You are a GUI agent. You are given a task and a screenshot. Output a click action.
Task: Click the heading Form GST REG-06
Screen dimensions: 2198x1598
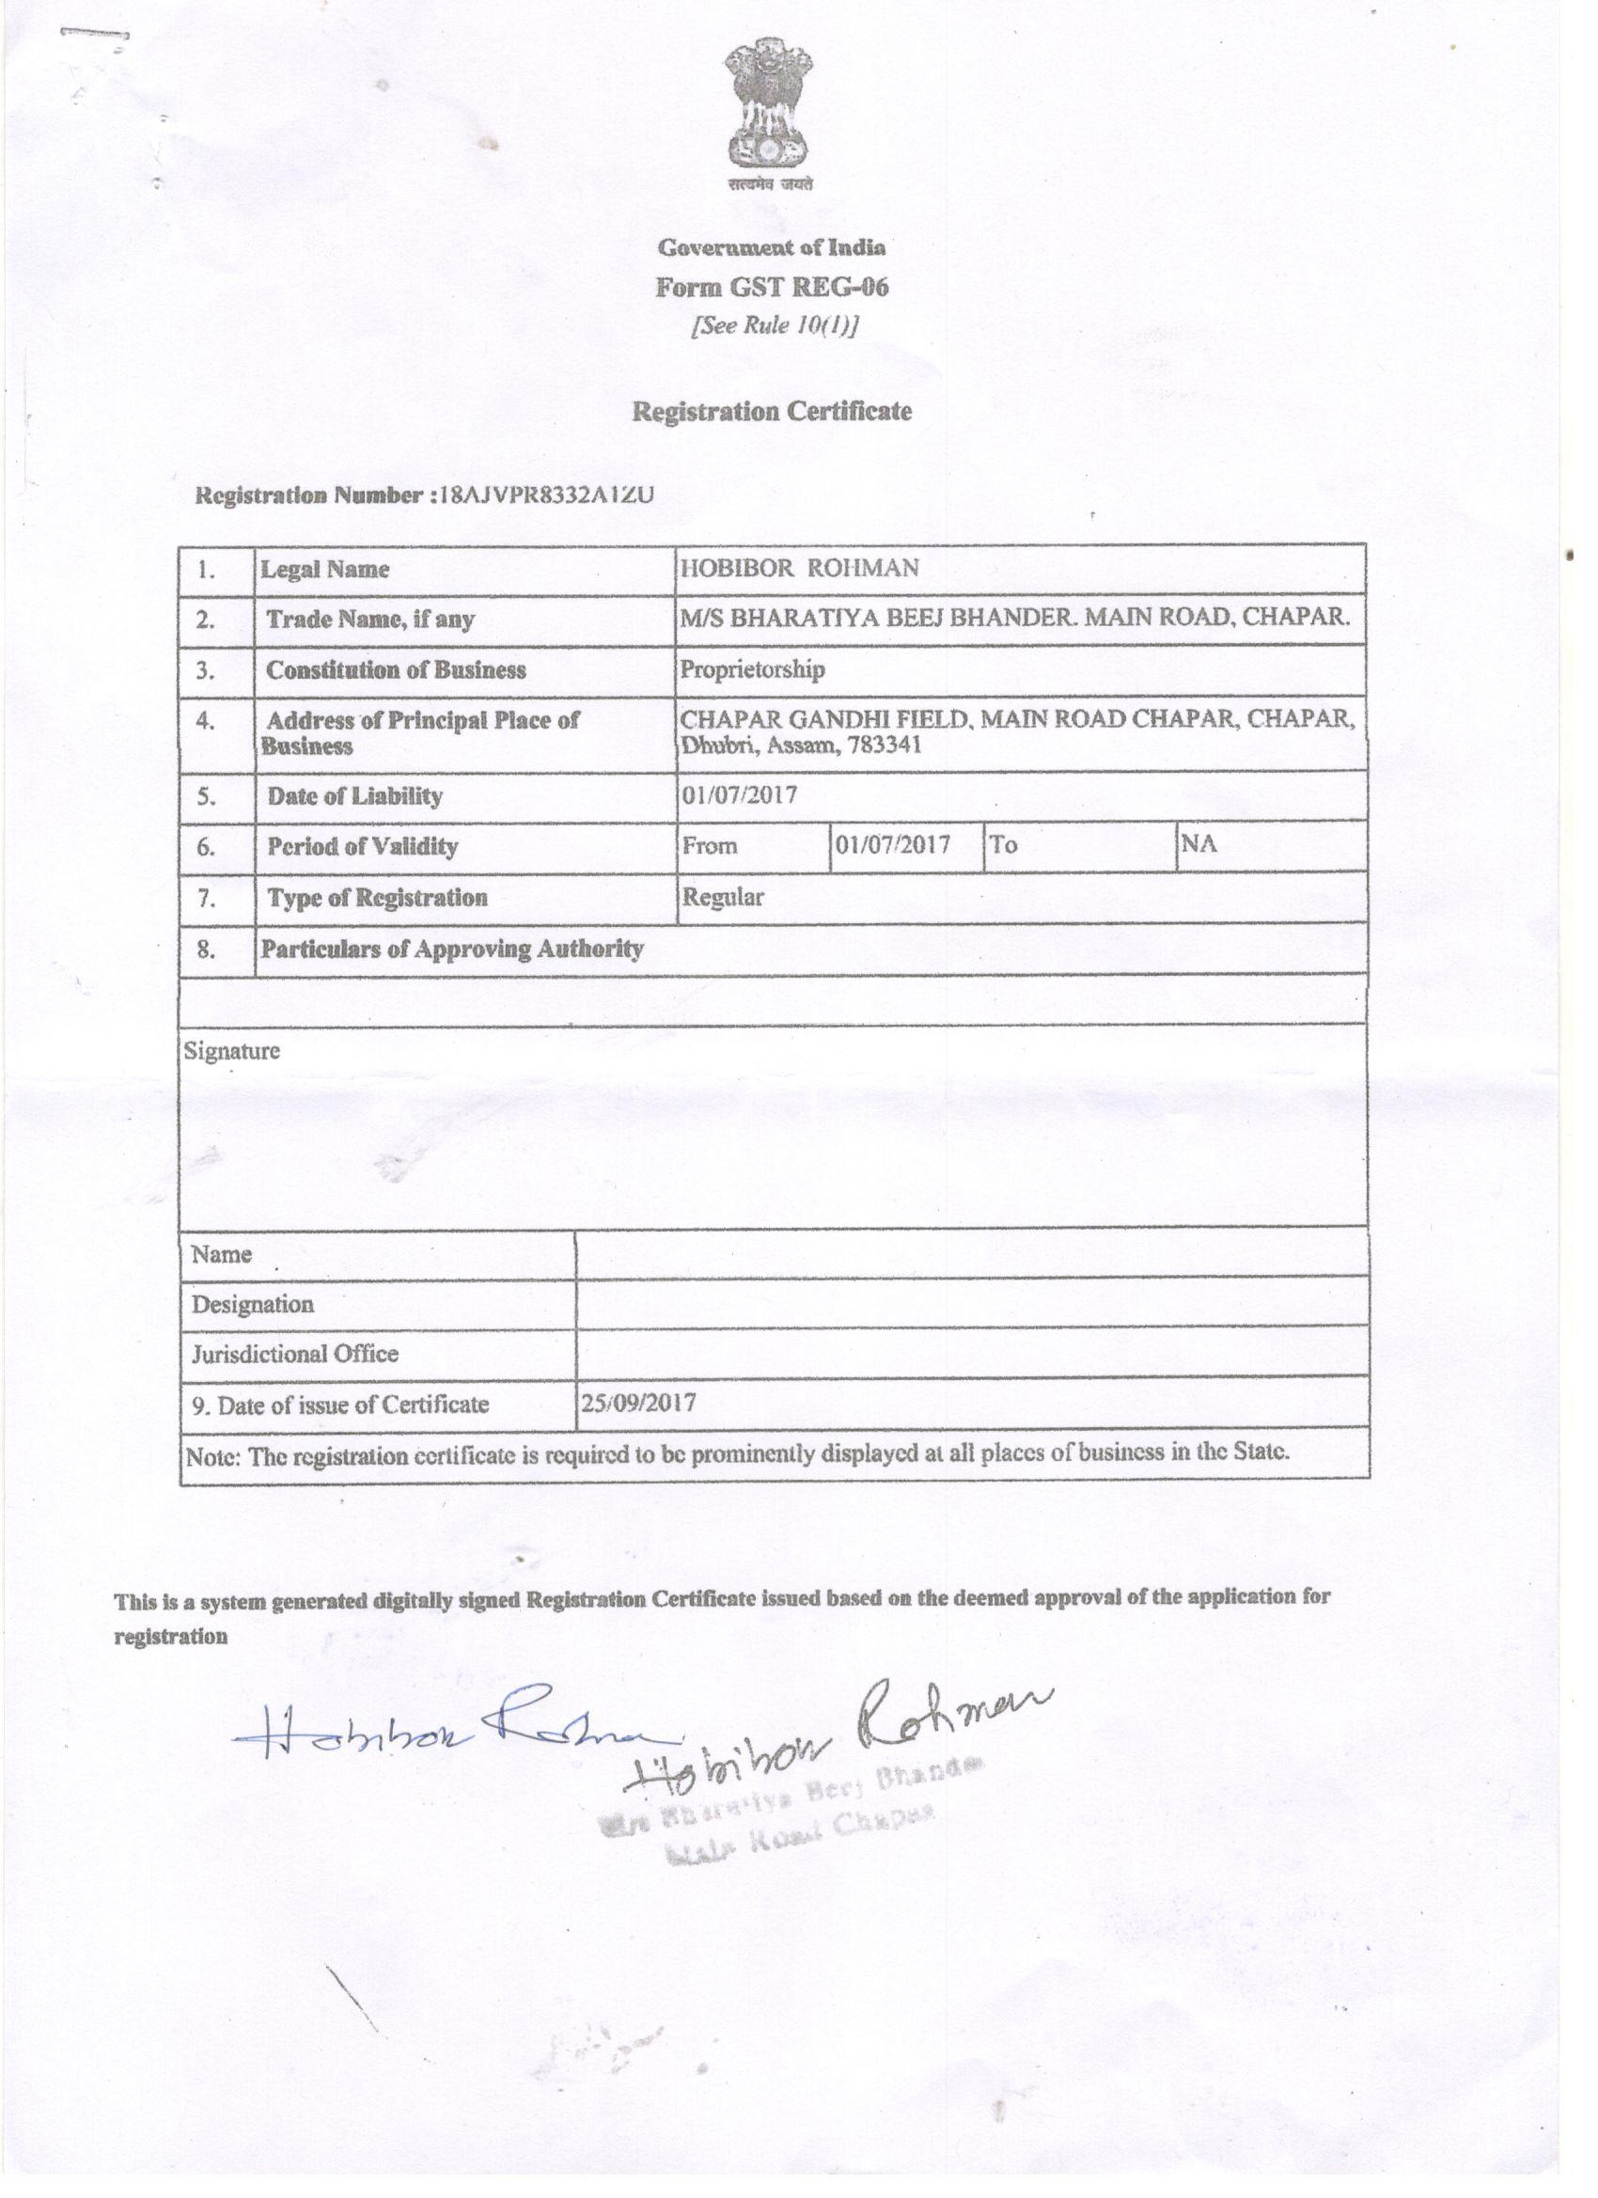772,288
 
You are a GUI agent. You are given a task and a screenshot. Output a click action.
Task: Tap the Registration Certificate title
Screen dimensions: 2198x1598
772,412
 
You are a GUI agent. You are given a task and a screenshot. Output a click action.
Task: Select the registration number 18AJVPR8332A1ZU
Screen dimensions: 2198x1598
546,496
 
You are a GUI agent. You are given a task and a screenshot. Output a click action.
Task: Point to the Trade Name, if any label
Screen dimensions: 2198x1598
370,620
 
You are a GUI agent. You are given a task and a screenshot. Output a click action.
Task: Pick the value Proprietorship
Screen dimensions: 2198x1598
752,669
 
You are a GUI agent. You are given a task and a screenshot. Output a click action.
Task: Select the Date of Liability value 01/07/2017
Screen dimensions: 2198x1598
739,795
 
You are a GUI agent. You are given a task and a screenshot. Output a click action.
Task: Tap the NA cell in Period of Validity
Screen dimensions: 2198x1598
1198,843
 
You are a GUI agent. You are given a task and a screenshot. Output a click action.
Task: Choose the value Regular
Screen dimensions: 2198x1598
722,897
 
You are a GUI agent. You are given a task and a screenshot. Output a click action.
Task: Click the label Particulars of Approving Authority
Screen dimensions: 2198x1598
451,949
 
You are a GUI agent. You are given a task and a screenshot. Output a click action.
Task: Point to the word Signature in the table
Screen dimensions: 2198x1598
231,1050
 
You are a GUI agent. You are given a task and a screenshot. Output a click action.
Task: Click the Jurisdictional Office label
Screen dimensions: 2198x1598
294,1354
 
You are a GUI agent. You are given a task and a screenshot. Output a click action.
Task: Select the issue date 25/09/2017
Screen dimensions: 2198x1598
637,1404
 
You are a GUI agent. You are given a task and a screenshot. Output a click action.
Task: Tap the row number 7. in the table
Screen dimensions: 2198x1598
207,899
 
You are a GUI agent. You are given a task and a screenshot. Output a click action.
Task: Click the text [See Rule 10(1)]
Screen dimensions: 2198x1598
774,325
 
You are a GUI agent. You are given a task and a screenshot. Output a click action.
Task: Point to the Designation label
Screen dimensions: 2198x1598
252,1305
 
